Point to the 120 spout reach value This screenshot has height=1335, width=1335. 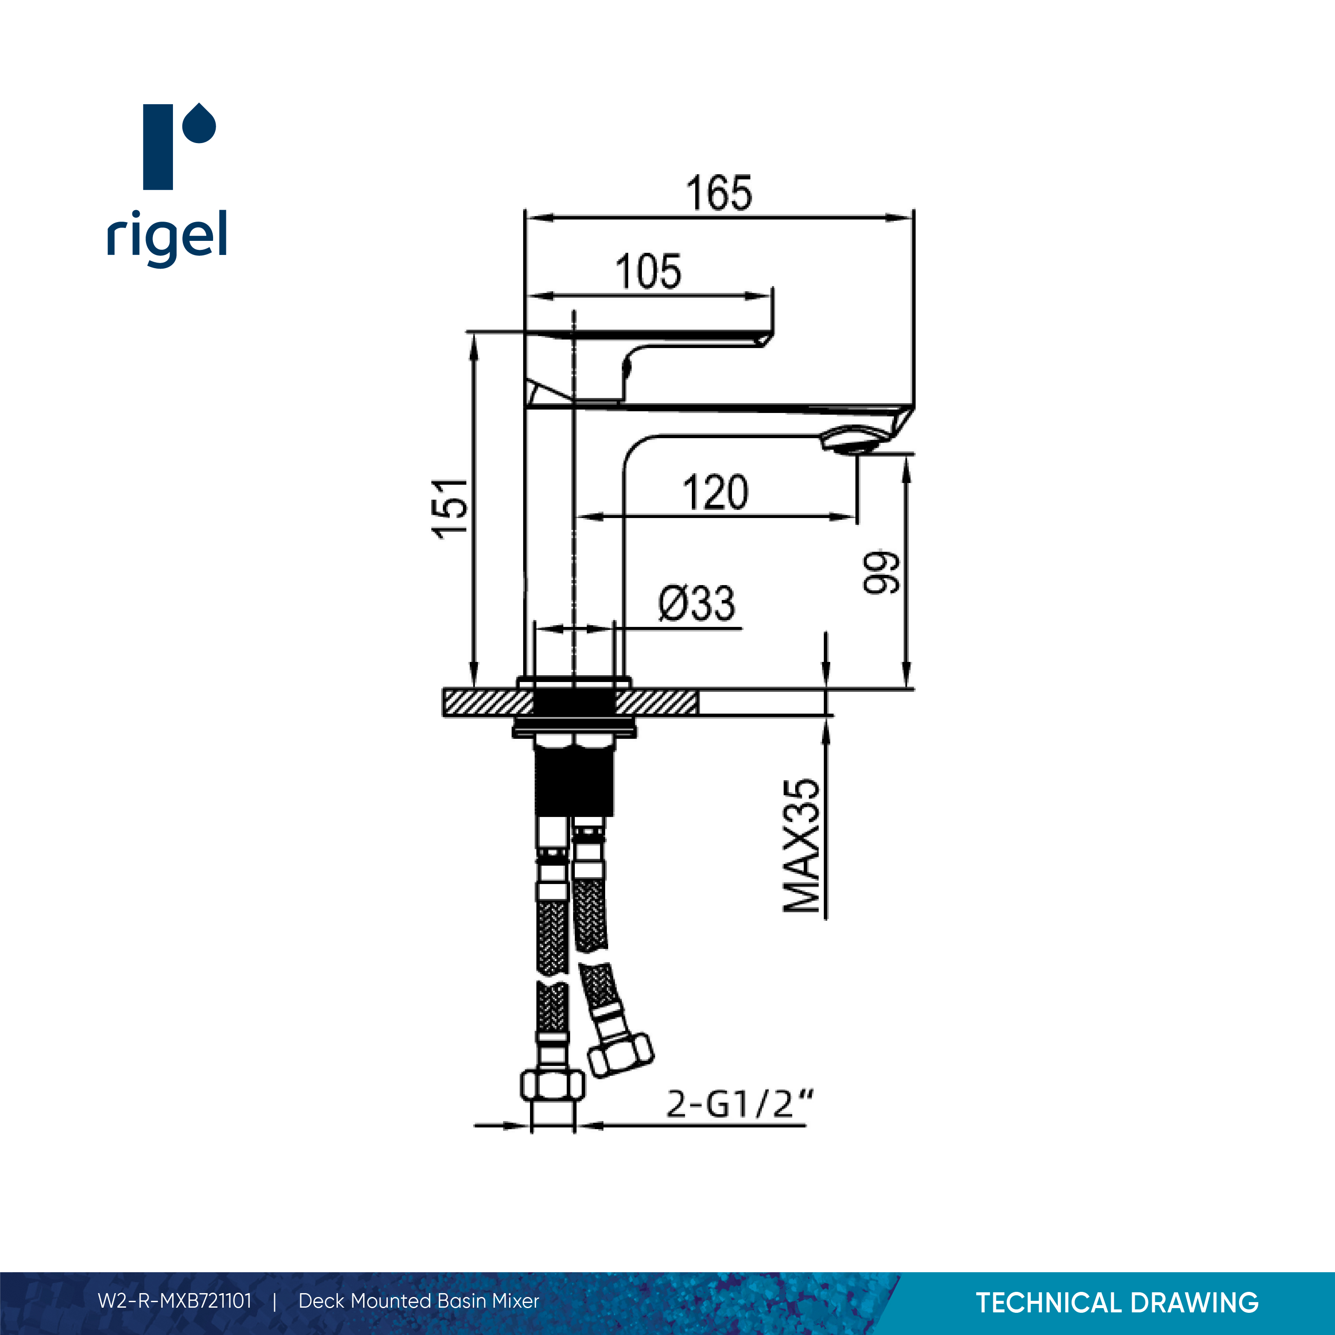click(x=715, y=493)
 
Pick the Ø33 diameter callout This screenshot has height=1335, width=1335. click(x=697, y=604)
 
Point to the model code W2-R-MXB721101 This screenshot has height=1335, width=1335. click(x=175, y=1301)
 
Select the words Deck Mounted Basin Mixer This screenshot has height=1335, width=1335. click(x=418, y=1301)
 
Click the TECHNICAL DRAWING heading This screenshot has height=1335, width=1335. click(x=1117, y=1303)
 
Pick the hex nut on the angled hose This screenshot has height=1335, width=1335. click(x=621, y=1055)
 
